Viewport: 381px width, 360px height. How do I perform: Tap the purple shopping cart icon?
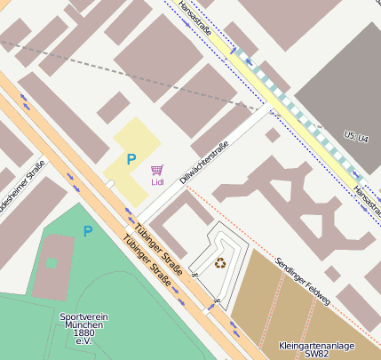[157, 169]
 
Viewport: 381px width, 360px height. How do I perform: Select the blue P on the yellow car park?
[131, 159]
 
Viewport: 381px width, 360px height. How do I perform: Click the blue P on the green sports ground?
[87, 231]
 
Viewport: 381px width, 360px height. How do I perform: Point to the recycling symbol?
[220, 262]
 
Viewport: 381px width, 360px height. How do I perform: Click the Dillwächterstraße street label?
[210, 161]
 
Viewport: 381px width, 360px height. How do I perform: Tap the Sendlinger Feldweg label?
[303, 281]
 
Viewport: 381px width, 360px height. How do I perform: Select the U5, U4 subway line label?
[356, 136]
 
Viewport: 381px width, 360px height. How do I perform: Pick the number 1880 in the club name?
[85, 333]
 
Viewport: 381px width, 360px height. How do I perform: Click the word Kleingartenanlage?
[314, 344]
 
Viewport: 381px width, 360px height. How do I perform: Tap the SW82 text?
[315, 354]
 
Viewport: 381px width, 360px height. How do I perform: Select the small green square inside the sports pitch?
[51, 262]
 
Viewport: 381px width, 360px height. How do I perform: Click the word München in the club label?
[84, 325]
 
